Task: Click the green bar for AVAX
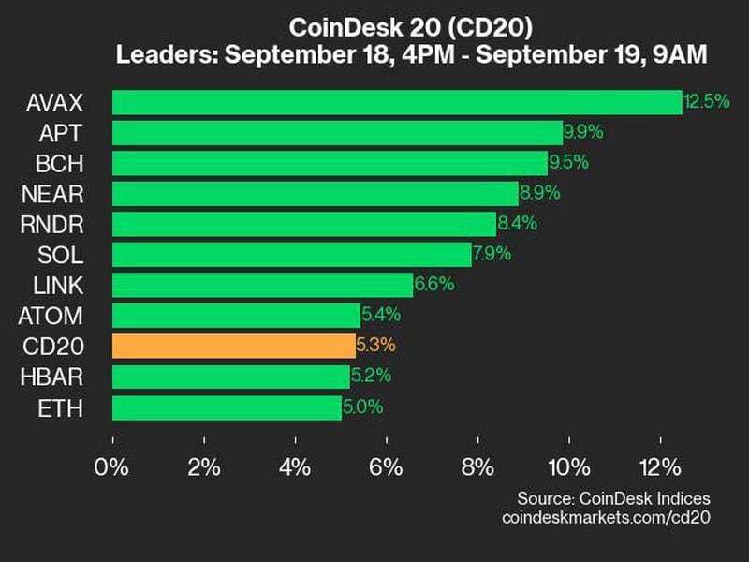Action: coord(397,102)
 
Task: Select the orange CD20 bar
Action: coord(233,346)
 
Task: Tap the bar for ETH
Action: coord(227,407)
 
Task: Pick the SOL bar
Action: coord(292,255)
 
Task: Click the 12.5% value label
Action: coord(706,102)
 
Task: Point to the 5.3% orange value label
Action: coord(376,346)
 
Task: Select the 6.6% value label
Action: coord(435,285)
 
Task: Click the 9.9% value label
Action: coord(584,132)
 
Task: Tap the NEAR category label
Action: coord(55,194)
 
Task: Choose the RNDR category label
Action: coord(55,224)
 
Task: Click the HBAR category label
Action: coord(55,377)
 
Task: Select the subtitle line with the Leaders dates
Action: coord(411,54)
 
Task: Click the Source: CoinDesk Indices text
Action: coord(613,498)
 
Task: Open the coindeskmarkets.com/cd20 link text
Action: coord(607,518)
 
